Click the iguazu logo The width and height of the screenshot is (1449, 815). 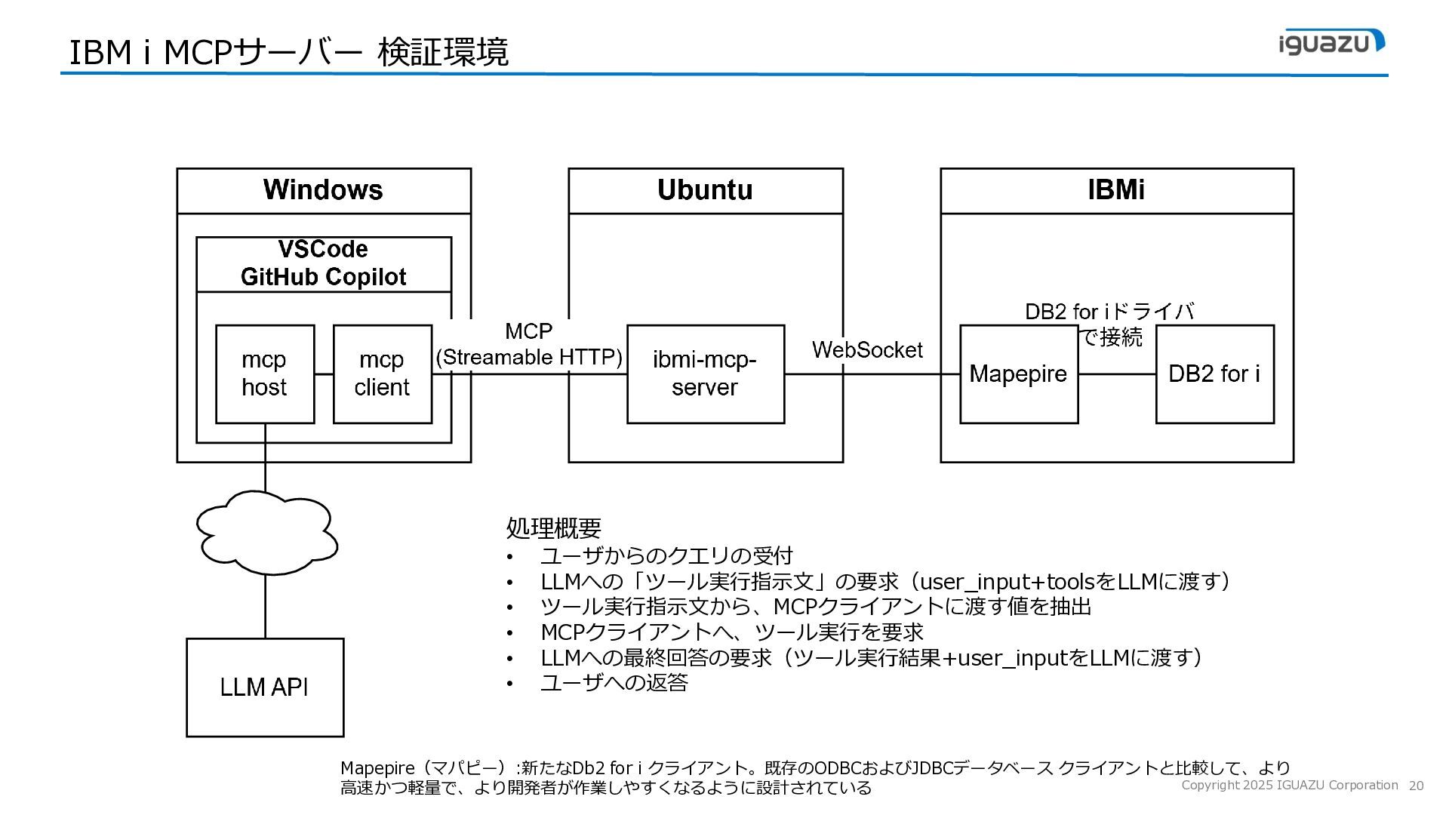1332,42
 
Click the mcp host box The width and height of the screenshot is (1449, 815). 265,374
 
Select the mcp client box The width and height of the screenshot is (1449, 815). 383,374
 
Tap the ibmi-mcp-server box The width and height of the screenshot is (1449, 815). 706,374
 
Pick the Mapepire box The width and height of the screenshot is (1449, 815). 1019,374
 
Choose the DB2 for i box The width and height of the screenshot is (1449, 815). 1215,374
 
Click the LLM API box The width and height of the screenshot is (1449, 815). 265,687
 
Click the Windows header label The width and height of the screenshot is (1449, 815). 323,189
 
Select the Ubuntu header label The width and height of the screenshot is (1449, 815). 705,189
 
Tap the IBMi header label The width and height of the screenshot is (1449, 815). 1116,189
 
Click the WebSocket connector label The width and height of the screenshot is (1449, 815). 867,350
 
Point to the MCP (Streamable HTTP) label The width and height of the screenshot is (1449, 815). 529,344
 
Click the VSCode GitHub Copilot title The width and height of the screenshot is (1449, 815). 323,263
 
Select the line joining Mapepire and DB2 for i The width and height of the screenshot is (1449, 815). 1117,374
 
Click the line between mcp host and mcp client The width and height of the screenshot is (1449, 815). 324,374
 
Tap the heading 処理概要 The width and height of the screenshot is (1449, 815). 553,527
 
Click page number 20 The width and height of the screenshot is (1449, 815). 1416,786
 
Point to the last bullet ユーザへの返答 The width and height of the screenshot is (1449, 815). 614,683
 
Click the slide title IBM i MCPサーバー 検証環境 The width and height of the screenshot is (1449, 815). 289,52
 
